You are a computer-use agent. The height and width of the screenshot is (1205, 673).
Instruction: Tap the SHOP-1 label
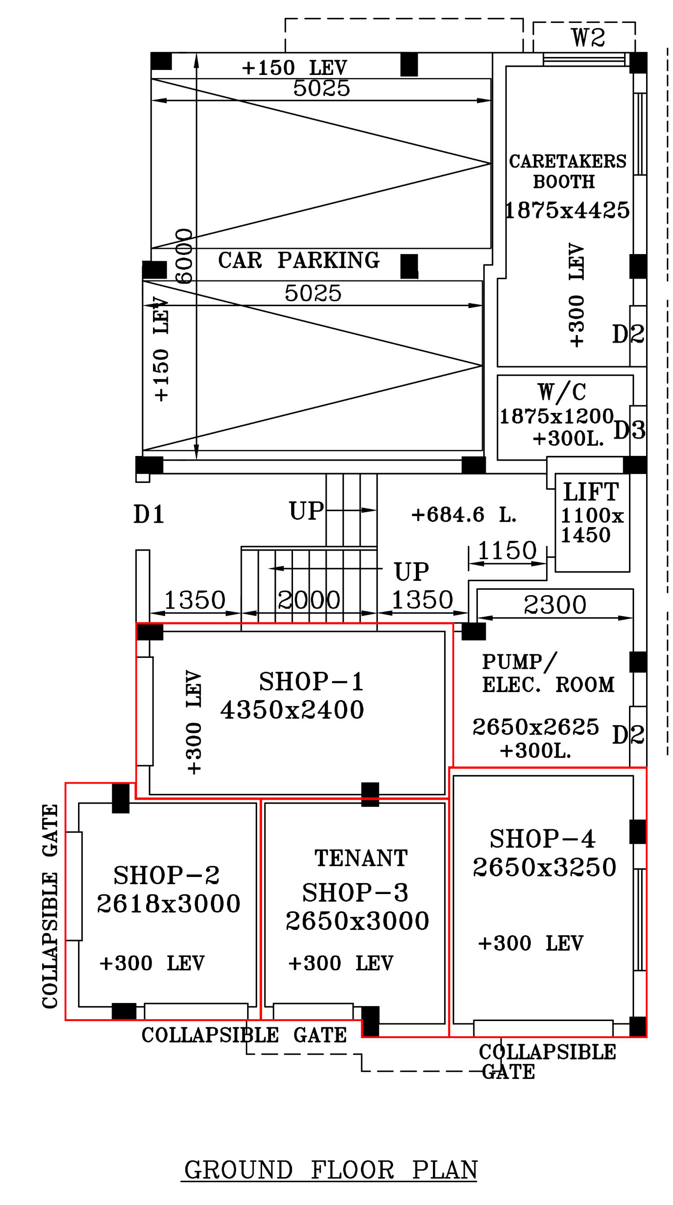tap(311, 681)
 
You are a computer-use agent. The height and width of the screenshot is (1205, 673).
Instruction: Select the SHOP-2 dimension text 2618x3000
tap(168, 903)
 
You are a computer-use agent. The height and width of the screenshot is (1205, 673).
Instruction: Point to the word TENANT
tap(361, 858)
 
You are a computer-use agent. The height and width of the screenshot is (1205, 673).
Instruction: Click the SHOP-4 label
tap(542, 839)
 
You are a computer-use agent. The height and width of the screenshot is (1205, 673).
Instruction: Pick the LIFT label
tap(591, 492)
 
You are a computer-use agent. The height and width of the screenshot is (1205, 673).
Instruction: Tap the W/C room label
tap(561, 392)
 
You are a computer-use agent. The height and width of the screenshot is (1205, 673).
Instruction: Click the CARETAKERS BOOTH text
tap(567, 171)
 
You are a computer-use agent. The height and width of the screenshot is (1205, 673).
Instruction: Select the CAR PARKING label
tap(298, 260)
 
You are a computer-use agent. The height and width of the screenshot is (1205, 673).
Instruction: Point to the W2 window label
tap(588, 37)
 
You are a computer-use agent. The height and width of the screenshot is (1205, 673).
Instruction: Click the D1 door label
tap(149, 515)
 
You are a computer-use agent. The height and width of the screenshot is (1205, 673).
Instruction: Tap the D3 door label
tap(629, 430)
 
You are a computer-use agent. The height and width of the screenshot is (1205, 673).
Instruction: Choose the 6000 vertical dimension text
tap(184, 256)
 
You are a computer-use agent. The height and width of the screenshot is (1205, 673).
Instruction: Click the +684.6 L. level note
tap(463, 515)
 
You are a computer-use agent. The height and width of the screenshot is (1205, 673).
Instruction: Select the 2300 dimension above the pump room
tap(555, 605)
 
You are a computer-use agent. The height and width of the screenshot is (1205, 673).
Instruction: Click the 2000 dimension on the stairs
tap(309, 600)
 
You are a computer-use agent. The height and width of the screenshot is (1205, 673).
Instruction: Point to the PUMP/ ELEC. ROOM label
tap(548, 673)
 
